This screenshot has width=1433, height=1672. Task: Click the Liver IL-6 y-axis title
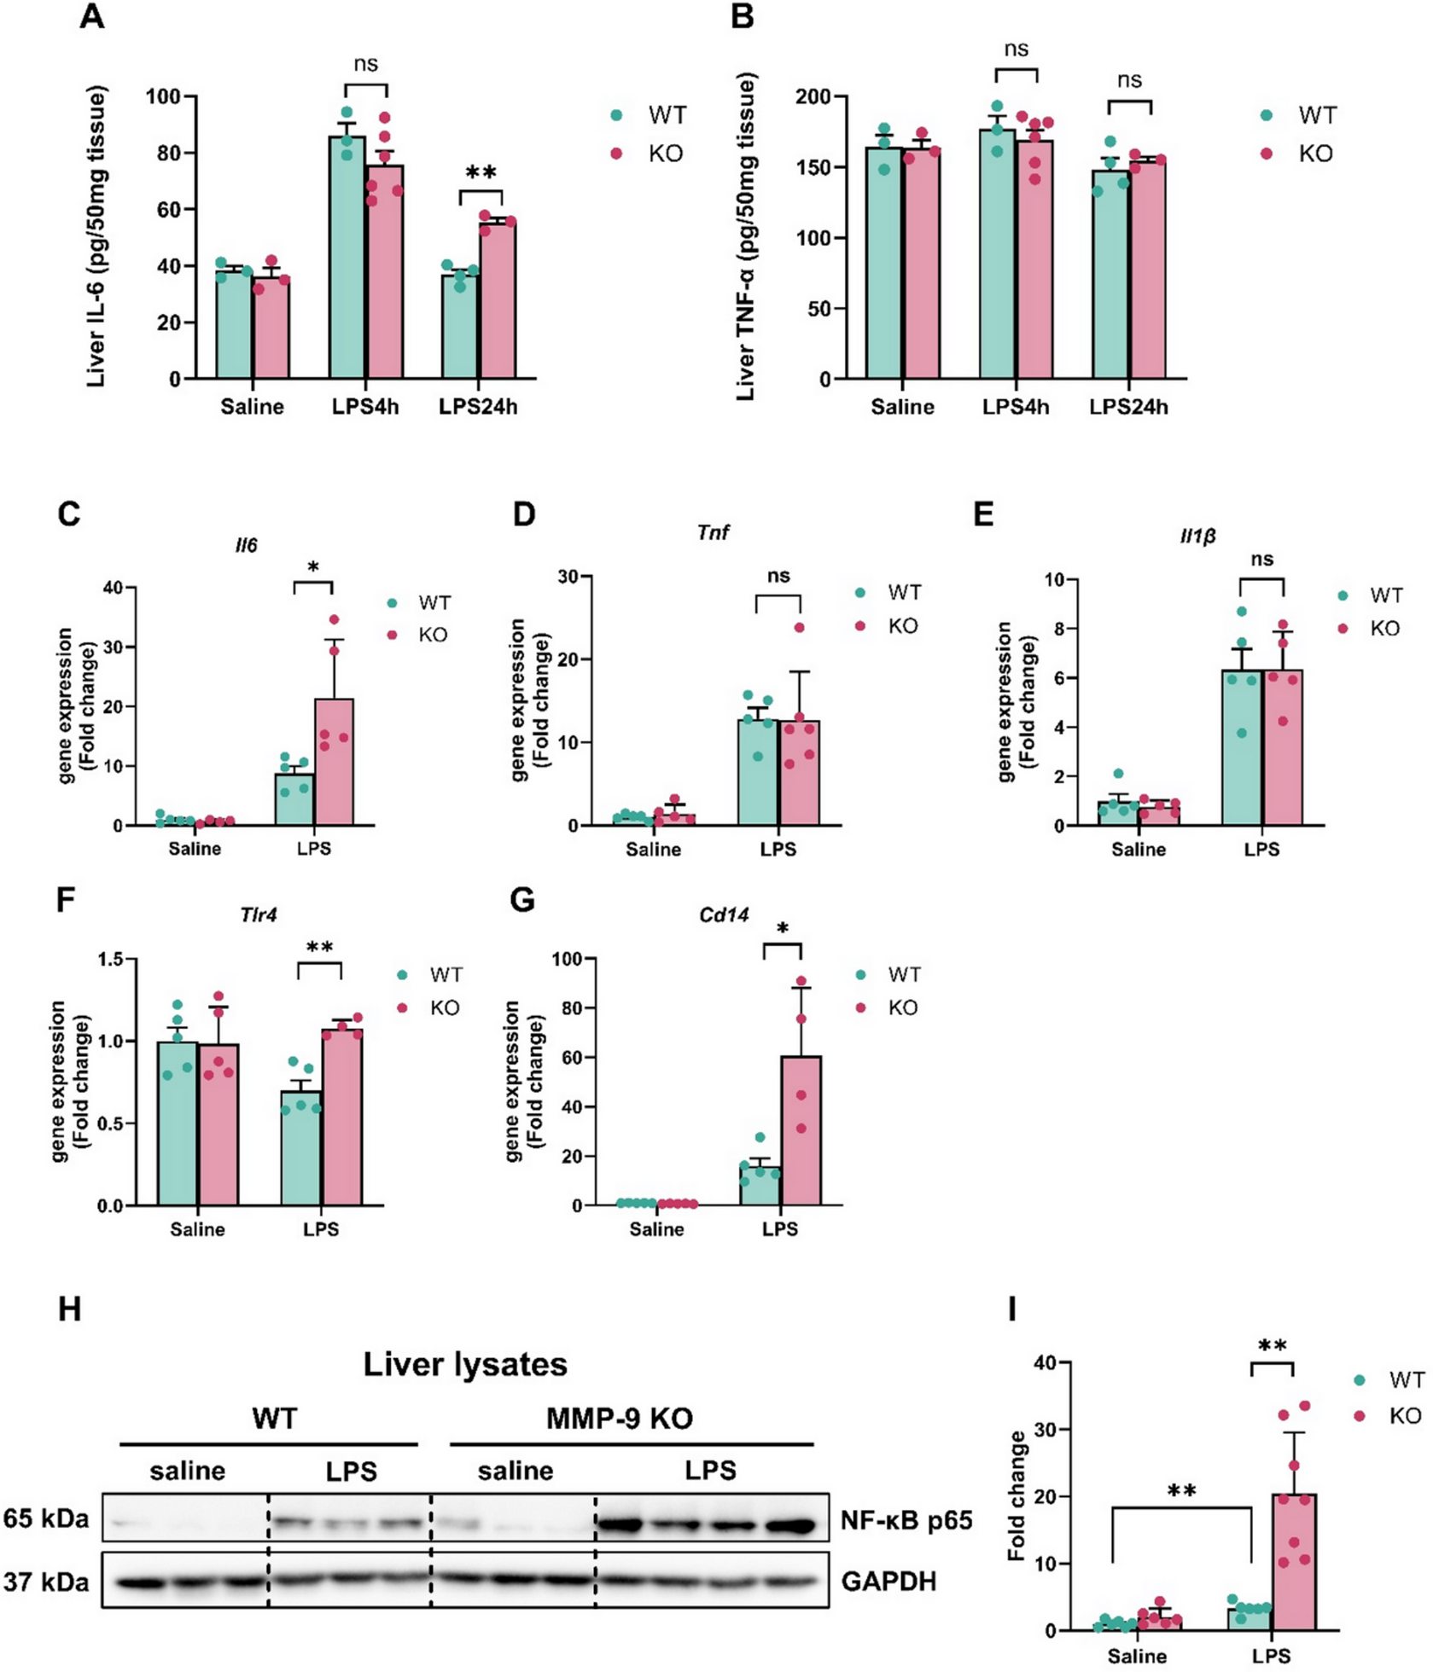[96, 236]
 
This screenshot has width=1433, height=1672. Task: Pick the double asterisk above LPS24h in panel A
[481, 173]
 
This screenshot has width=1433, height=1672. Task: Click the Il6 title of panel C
[246, 545]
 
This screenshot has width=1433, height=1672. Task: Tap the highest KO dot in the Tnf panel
[800, 628]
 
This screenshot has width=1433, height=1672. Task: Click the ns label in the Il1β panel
[1261, 560]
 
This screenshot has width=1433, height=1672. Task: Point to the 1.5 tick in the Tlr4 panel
[111, 959]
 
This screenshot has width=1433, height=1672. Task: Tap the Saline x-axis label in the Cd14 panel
[656, 1229]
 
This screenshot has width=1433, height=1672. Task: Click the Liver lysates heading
[465, 1364]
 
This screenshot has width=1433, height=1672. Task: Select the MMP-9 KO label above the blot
[619, 1419]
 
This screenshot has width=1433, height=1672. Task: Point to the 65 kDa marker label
[45, 1518]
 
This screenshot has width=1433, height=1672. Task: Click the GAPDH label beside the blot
[888, 1581]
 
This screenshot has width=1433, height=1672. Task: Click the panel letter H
[70, 1309]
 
